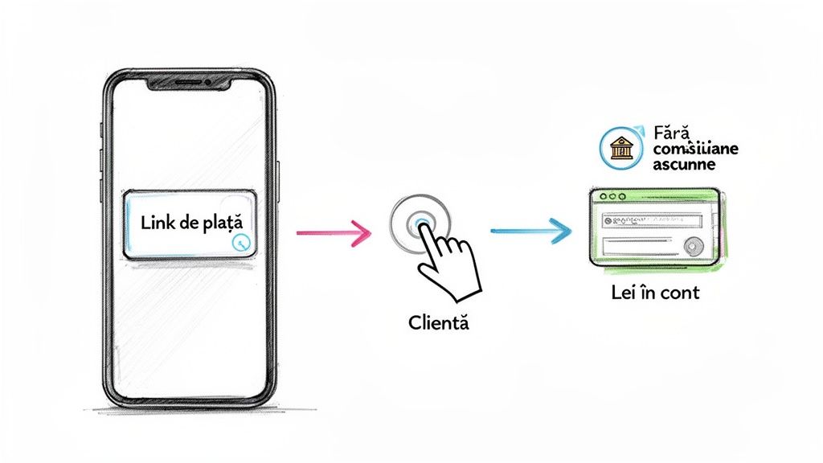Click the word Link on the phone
(158, 223)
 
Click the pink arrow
(333, 233)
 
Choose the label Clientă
(438, 325)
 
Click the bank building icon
(620, 147)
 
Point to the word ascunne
(684, 164)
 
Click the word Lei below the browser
(625, 293)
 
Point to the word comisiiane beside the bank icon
(696, 148)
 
